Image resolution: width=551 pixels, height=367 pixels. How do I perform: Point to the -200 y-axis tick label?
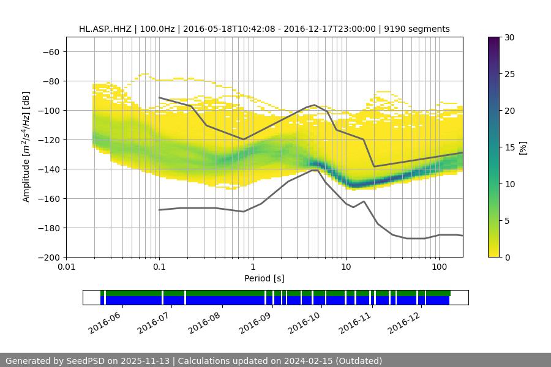49,257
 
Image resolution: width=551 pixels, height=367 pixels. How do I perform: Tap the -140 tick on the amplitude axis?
49,169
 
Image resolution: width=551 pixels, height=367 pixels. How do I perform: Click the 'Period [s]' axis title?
264,279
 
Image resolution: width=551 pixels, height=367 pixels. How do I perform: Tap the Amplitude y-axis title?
26,147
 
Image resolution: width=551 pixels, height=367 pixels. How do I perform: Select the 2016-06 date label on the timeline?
105,319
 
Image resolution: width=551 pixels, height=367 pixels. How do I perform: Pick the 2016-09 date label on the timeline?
255,319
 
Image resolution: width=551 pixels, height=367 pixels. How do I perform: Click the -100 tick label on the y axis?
49,110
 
